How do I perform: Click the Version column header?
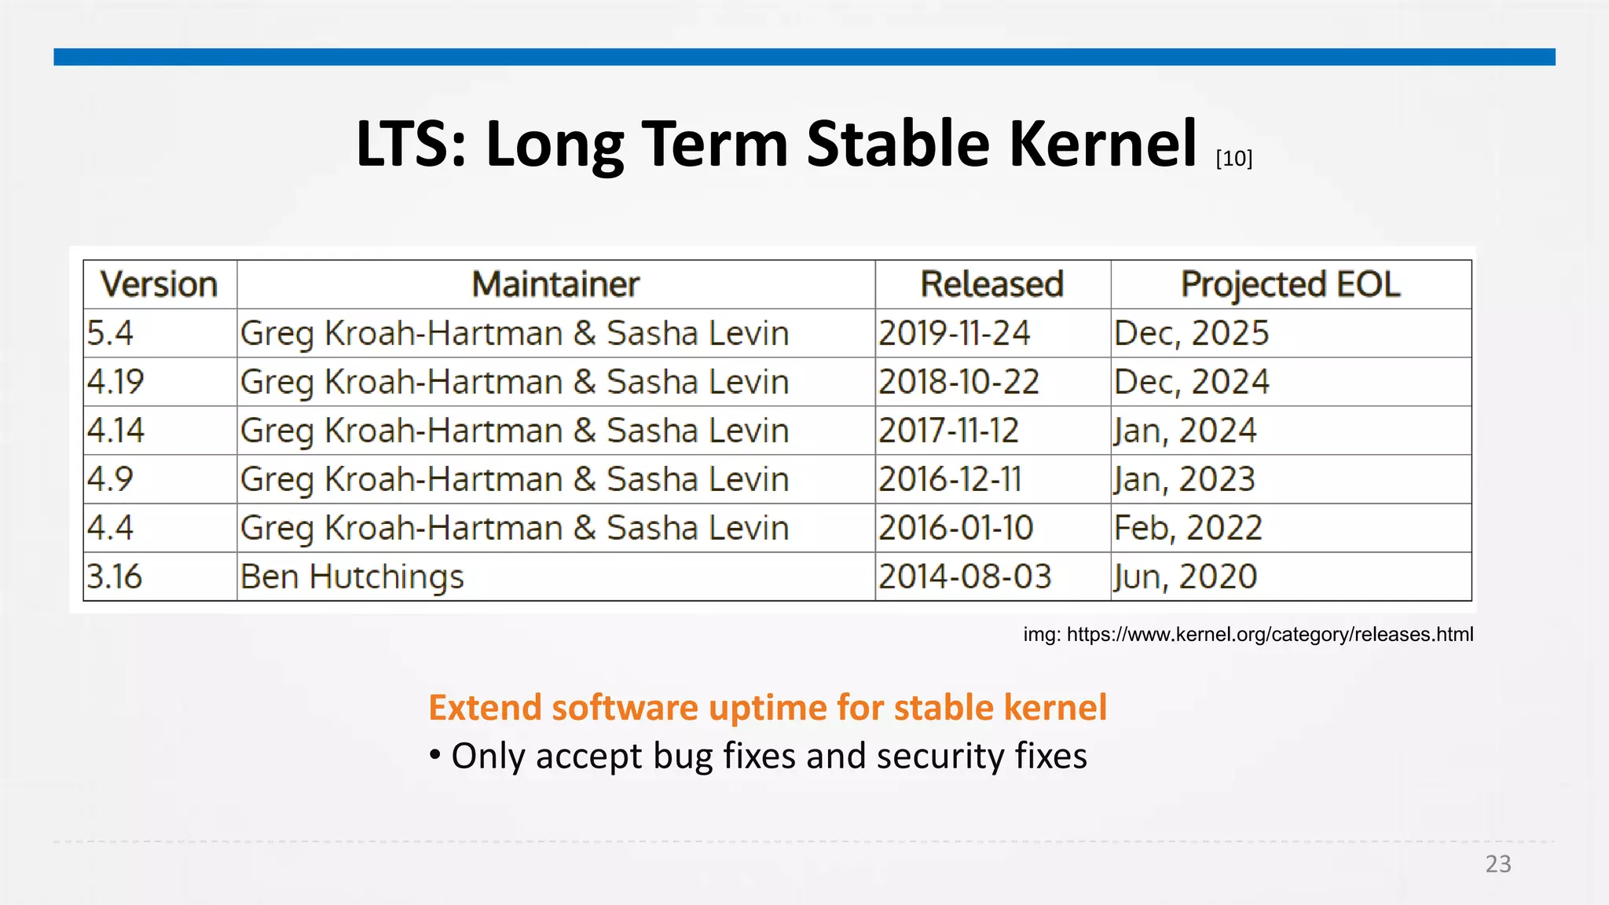[159, 284]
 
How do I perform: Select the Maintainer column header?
[555, 284]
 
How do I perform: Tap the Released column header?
[991, 284]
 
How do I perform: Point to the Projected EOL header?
[1290, 284]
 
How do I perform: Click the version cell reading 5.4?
[110, 333]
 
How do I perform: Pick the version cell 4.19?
[115, 382]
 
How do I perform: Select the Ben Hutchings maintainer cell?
[352, 577]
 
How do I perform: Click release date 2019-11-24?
[954, 333]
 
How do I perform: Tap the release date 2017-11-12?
[948, 431]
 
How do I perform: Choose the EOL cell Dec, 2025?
[1191, 333]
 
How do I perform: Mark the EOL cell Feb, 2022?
[1188, 528]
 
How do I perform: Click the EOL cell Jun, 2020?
[1185, 577]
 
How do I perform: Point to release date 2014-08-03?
[965, 577]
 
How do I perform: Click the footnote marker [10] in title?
[1233, 159]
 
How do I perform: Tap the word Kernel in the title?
[1102, 145]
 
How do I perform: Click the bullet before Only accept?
[435, 756]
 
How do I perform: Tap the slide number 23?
[1498, 864]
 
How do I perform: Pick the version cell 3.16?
[115, 577]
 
